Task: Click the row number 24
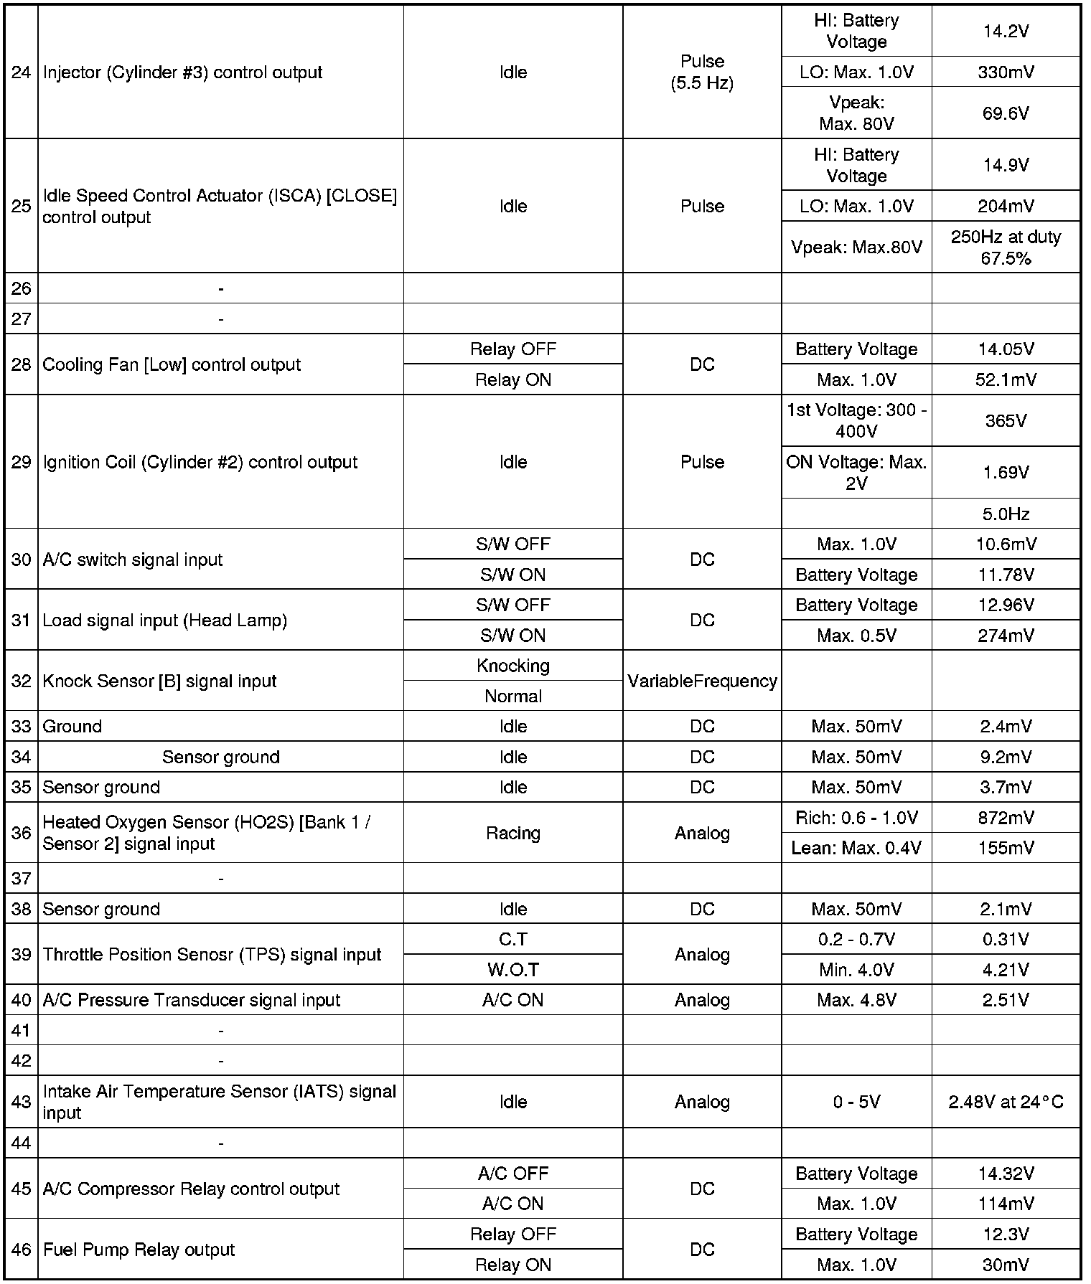tap(22, 72)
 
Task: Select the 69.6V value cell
tap(1006, 113)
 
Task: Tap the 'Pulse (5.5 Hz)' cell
tap(701, 72)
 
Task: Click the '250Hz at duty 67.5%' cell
tap(1006, 247)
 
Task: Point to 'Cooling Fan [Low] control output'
tap(172, 364)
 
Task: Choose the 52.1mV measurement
tap(1006, 379)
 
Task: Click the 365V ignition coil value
tap(1006, 421)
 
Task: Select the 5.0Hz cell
tap(1006, 514)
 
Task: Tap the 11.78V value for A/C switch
tap(1006, 575)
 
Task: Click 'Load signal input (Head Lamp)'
tap(165, 620)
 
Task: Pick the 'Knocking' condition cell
tap(512, 666)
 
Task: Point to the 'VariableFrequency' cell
tap(701, 681)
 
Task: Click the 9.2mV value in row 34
tap(1006, 757)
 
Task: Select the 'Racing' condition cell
tap(512, 833)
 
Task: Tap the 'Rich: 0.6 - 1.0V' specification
tap(856, 818)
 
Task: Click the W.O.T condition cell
tap(512, 970)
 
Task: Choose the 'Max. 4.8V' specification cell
tap(856, 1000)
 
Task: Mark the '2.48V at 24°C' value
tap(1006, 1102)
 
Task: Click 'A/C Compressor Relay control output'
tap(191, 1189)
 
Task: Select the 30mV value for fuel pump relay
tap(1006, 1265)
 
